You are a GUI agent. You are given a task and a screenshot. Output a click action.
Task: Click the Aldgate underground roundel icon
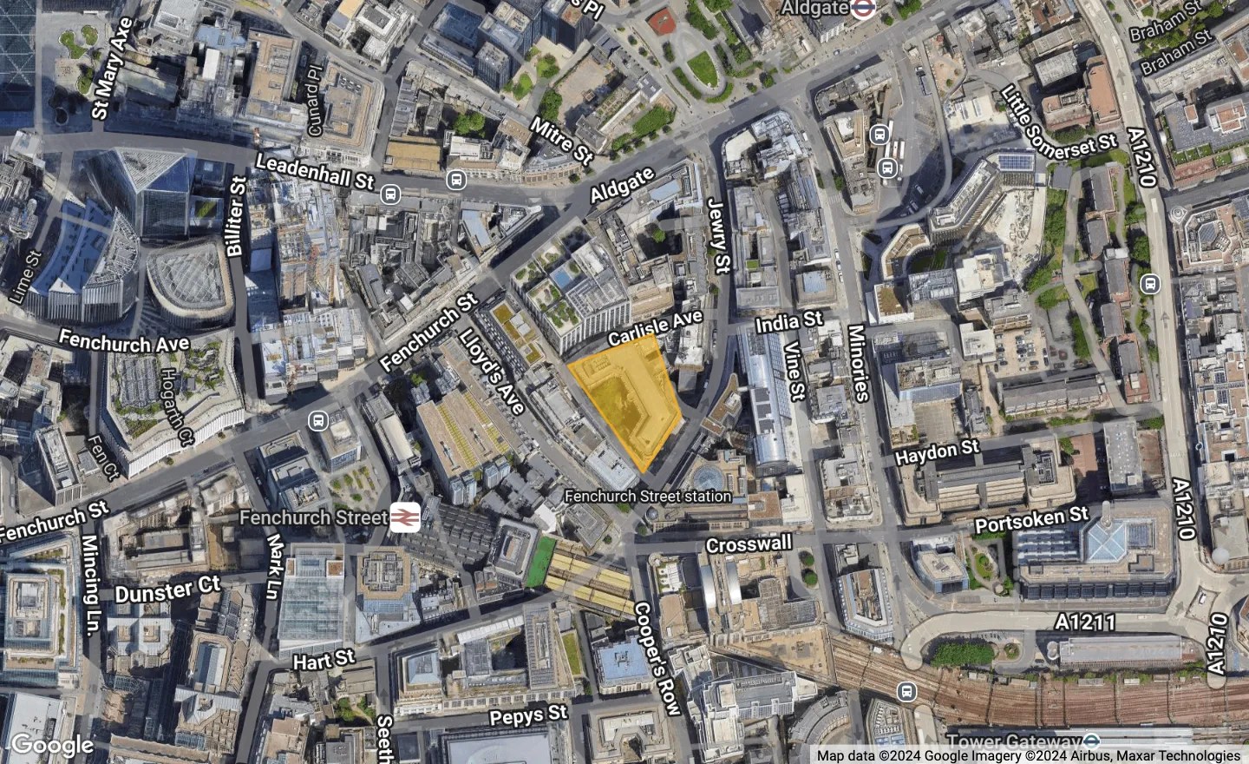click(x=861, y=9)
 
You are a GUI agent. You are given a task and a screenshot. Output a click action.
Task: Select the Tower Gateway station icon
click(x=1092, y=741)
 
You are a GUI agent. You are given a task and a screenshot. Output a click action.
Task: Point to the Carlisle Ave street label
click(x=655, y=328)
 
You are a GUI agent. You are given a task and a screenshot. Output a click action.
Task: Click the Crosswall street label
click(x=749, y=544)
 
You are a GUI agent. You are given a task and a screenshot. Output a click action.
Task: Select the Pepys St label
click(x=528, y=716)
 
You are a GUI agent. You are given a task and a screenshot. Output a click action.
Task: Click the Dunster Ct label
click(x=168, y=591)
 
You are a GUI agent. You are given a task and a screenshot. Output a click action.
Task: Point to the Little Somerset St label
click(x=1058, y=128)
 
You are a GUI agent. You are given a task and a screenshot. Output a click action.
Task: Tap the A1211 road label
click(x=1086, y=622)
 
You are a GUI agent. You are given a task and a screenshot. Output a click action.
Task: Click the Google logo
click(x=52, y=745)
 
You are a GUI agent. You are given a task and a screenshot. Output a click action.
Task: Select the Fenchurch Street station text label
click(x=648, y=497)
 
